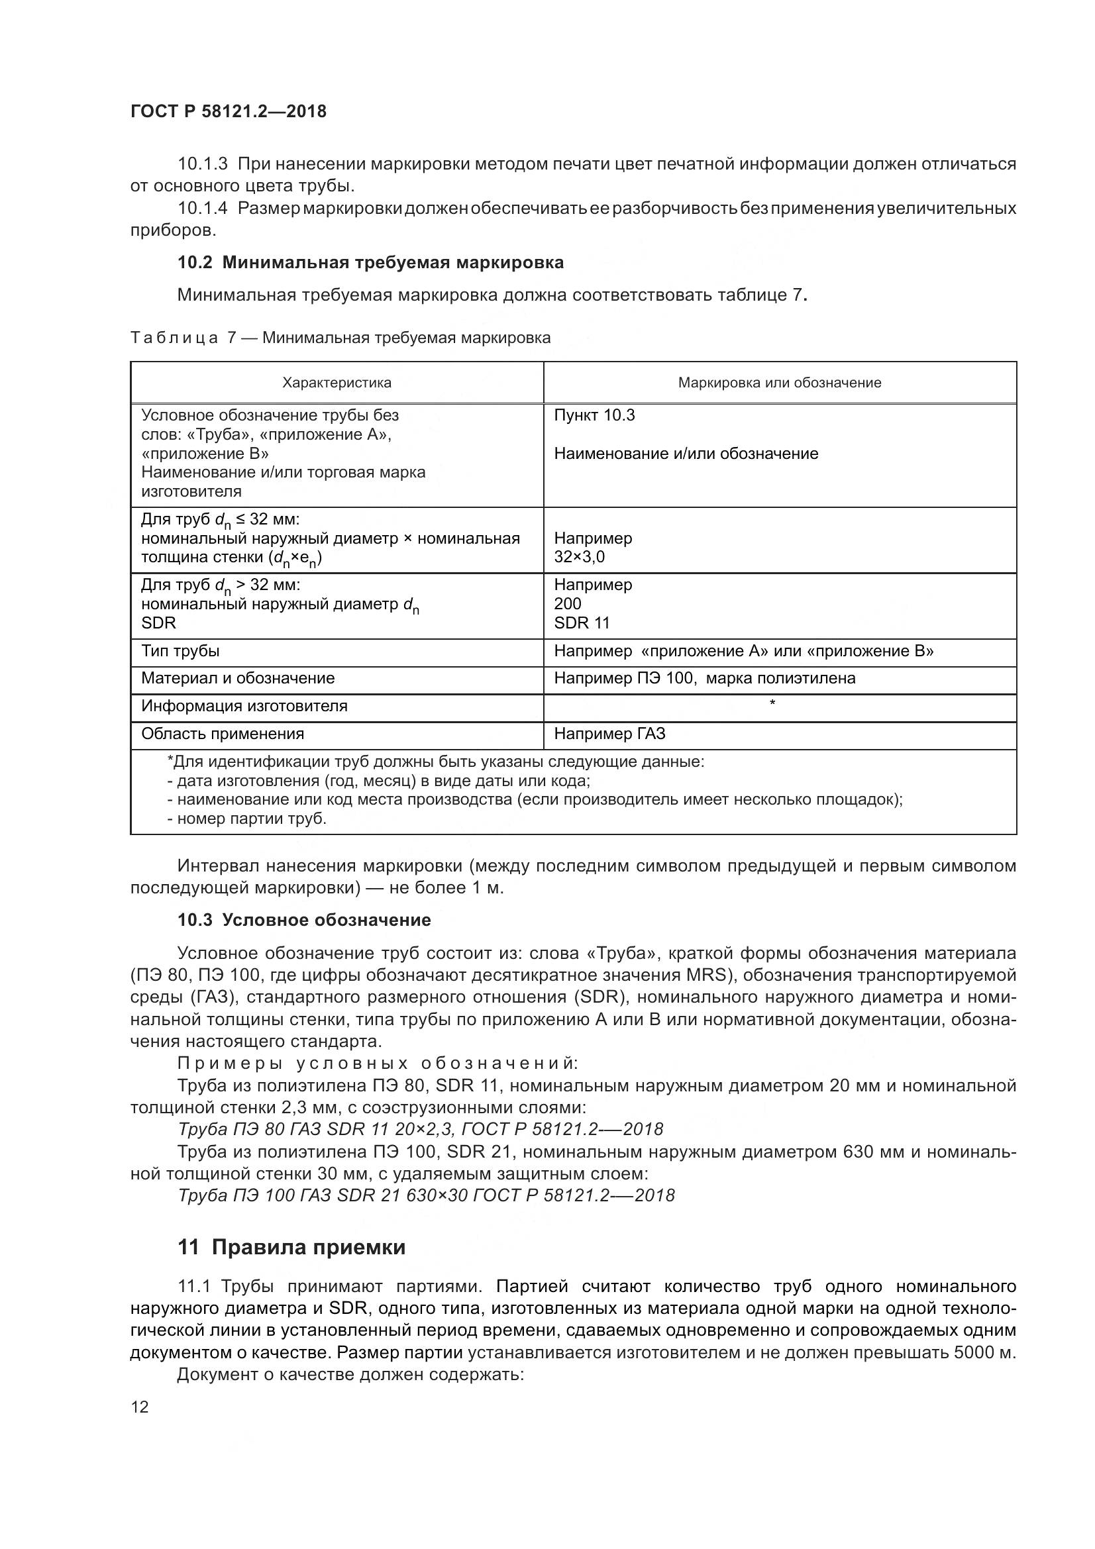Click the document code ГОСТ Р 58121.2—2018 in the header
(228, 111)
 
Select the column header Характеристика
(337, 383)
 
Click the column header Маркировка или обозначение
(779, 383)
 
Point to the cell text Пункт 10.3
(594, 416)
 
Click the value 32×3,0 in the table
(580, 557)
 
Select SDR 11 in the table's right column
(582, 623)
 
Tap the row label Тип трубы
(180, 651)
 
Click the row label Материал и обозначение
(238, 679)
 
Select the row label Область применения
(222, 734)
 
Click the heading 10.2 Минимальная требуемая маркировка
(370, 262)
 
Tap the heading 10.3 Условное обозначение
(303, 921)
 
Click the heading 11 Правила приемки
(291, 1248)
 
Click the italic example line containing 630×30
(426, 1195)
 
